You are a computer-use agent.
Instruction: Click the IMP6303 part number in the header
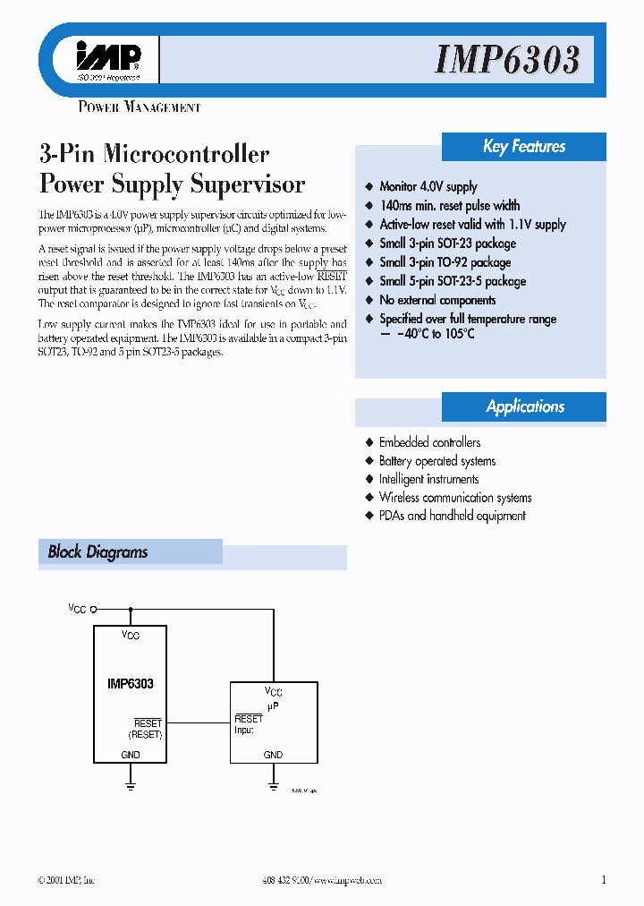[x=507, y=61]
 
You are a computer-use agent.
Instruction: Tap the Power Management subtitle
[x=139, y=107]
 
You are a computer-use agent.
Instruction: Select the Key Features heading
[x=524, y=147]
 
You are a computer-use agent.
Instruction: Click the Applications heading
[x=525, y=406]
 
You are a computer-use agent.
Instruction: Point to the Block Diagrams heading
[x=97, y=552]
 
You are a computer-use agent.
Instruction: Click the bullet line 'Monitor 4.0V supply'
[x=428, y=186]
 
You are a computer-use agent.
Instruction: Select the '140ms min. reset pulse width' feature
[x=449, y=206]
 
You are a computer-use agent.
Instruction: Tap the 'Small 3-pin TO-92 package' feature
[x=445, y=262]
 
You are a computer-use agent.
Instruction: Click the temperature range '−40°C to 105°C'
[x=427, y=334]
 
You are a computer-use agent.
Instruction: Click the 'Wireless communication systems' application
[x=455, y=498]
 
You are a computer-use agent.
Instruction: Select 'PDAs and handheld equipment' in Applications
[x=452, y=516]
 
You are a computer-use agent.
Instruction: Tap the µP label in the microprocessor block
[x=273, y=705]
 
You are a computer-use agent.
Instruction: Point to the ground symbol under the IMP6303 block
[x=131, y=785]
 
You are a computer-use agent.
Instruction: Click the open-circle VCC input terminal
[x=93, y=608]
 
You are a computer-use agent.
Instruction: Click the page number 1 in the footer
[x=604, y=880]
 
